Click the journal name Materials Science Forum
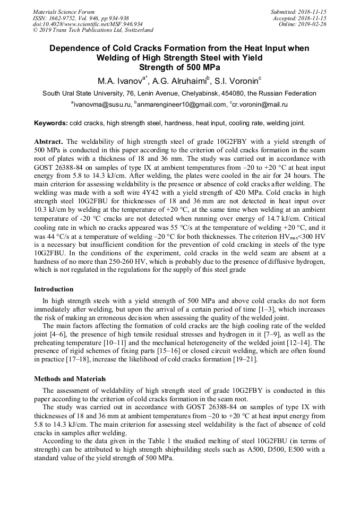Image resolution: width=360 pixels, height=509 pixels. tap(64, 12)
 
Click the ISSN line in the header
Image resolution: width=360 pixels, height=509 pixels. tap(81, 18)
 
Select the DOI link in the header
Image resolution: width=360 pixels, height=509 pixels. tap(88, 24)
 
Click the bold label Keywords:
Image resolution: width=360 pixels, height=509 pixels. tap(51, 123)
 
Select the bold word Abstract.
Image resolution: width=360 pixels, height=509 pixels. tap(48, 142)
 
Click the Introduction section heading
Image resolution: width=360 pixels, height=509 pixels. tap(54, 289)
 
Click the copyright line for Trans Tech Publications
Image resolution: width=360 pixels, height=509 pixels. tap(93, 30)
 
